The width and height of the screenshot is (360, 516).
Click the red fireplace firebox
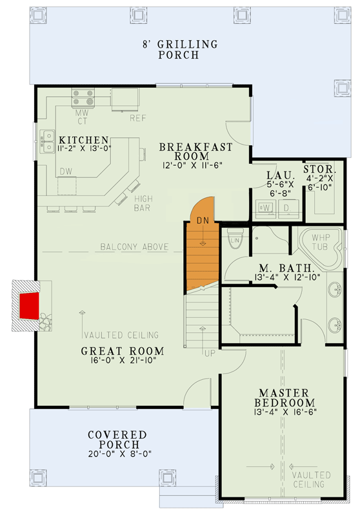(x=28, y=305)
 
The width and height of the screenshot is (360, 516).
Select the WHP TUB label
(x=321, y=242)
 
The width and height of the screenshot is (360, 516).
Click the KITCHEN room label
(x=83, y=140)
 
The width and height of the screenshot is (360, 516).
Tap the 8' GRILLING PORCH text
(x=180, y=49)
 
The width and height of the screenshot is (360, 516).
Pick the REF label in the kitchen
(x=137, y=118)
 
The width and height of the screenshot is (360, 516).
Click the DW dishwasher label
(x=66, y=172)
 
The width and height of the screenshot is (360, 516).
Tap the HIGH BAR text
(x=143, y=203)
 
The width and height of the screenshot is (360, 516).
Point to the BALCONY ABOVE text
(x=134, y=247)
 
